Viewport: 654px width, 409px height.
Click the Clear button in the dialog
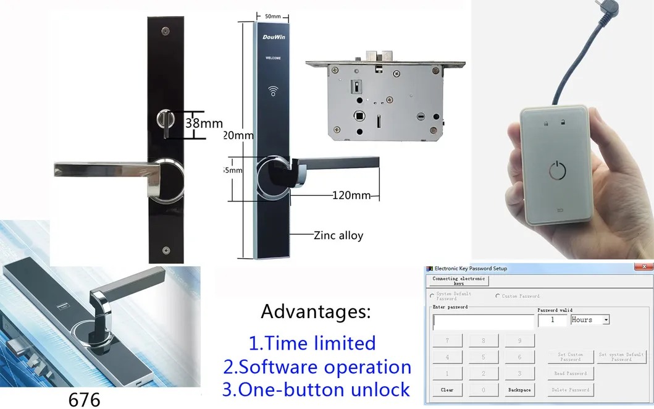pos(447,390)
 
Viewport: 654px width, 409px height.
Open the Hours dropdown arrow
pos(606,320)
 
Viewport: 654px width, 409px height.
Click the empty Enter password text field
pos(484,321)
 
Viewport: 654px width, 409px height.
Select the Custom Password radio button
pos(498,296)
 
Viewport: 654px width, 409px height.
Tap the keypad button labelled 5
pos(484,357)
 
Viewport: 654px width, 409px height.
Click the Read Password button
pos(570,374)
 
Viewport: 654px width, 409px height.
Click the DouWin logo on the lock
pos(273,37)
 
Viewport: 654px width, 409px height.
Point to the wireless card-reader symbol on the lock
pos(274,93)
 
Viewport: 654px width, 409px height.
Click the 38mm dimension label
pos(204,123)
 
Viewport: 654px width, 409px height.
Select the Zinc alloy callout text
pos(338,235)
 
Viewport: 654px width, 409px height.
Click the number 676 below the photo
pos(84,400)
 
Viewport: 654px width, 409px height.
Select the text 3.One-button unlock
pos(316,390)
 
